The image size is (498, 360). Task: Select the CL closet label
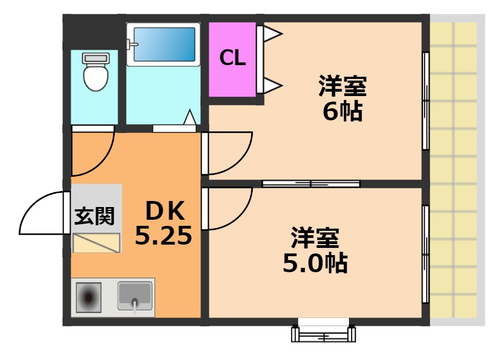point(232,58)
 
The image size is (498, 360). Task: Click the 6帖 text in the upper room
point(342,112)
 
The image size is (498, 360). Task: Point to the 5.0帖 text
point(315,264)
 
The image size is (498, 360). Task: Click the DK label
point(163,210)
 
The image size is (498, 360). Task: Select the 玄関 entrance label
point(94,216)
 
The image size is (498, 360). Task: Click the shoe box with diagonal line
point(97,243)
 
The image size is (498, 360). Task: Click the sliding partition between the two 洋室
point(311,184)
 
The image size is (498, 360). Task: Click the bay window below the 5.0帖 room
point(324,331)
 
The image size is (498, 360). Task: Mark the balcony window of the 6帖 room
point(426,100)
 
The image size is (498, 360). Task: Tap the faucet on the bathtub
point(132,45)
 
